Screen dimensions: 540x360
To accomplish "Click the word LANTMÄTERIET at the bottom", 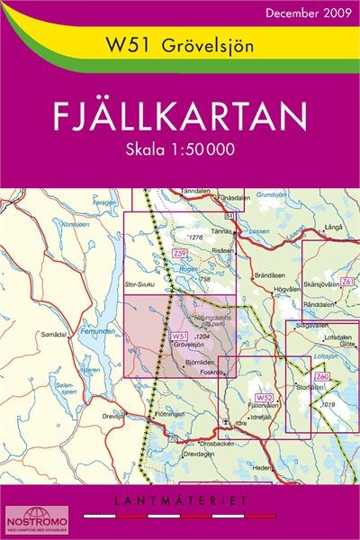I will pyautogui.click(x=180, y=498).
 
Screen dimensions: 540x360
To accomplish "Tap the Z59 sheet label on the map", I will pyautogui.click(x=180, y=255).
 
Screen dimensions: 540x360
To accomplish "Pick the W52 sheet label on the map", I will pyautogui.click(x=263, y=397).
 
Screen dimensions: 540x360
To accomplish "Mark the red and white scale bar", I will pyautogui.click(x=180, y=517).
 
